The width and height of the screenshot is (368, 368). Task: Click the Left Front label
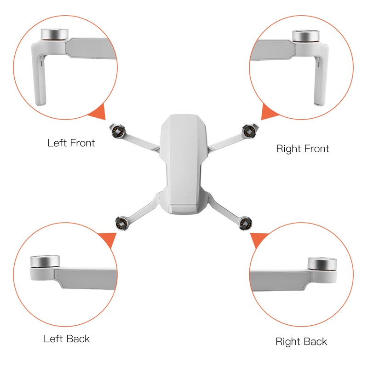(x=71, y=143)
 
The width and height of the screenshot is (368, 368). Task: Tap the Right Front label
(x=302, y=149)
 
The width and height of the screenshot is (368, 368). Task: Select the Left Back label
(x=67, y=339)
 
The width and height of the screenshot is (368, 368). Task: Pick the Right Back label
(x=301, y=341)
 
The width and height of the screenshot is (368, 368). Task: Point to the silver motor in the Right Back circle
(x=322, y=264)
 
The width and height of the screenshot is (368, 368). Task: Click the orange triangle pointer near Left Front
(x=98, y=112)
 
